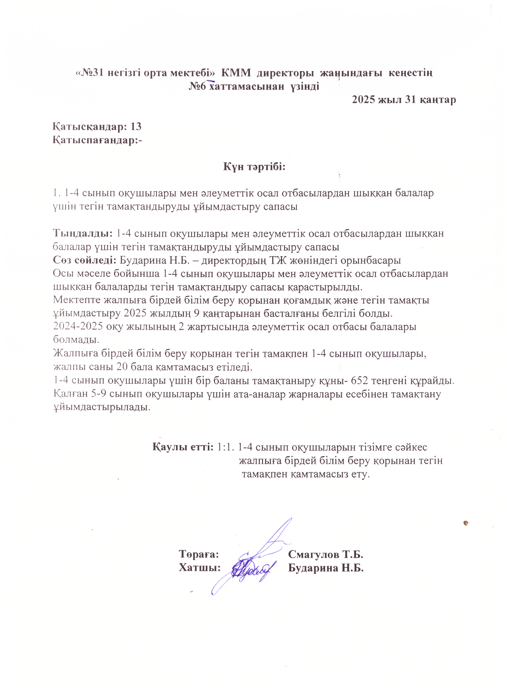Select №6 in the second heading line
pyautogui.click(x=197, y=86)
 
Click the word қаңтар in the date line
pyautogui.click(x=437, y=99)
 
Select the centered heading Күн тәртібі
pyautogui.click(x=254, y=167)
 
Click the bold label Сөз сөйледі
pyautogui.click(x=85, y=260)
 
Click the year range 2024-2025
pyautogui.click(x=78, y=327)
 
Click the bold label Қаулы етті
pyautogui.click(x=183, y=447)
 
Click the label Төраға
pyautogui.click(x=199, y=554)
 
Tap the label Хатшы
pyautogui.click(x=199, y=568)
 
